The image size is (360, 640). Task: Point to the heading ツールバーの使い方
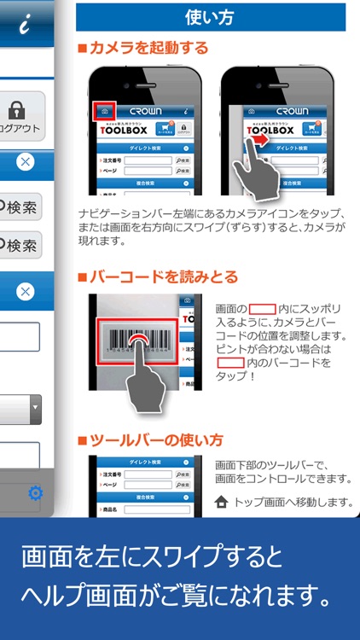pyautogui.click(x=155, y=440)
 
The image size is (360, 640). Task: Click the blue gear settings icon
pyautogui.click(x=36, y=493)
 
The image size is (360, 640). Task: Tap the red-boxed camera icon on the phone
pyautogui.click(x=102, y=111)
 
